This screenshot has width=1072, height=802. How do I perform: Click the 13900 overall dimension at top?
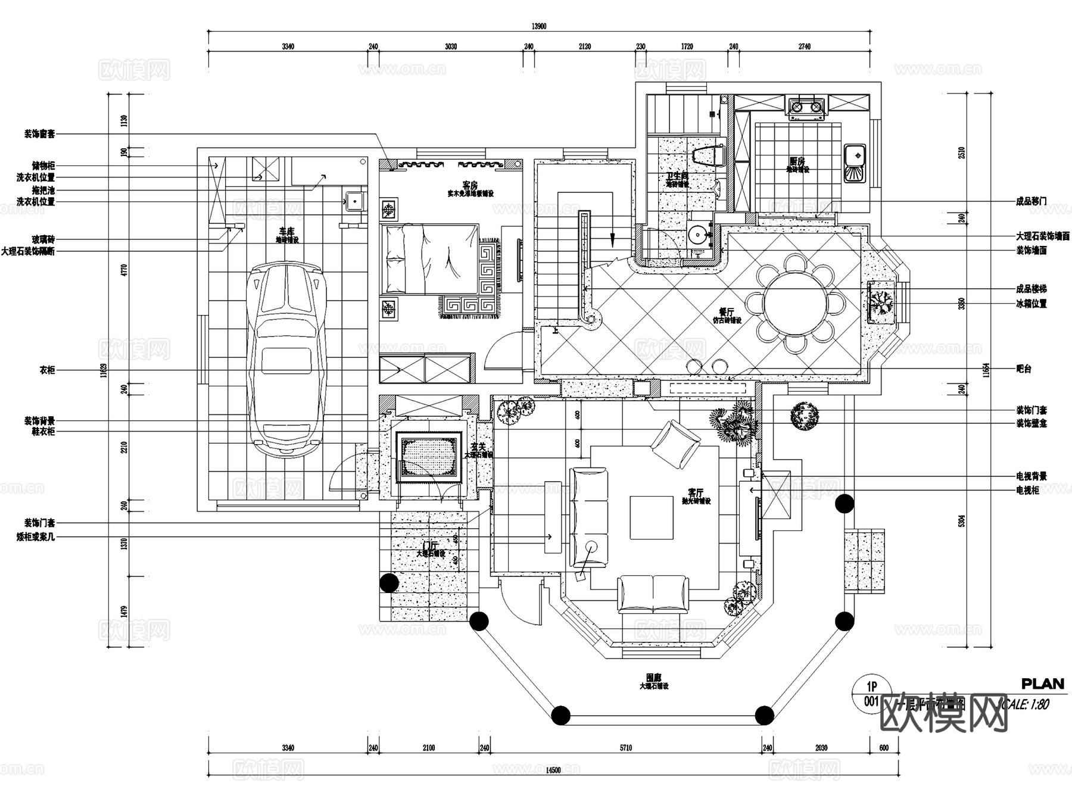[x=538, y=26]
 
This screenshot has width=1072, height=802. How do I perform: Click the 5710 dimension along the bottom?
[x=625, y=748]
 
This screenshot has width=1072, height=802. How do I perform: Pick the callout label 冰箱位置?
[x=1031, y=304]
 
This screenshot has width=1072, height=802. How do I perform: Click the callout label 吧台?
[x=1023, y=369]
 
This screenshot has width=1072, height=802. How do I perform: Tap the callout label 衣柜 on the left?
[x=47, y=370]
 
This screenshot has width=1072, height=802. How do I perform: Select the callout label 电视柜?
[x=1027, y=491]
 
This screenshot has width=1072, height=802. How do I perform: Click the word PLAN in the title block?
[x=1042, y=684]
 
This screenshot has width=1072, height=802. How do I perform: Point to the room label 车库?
[x=286, y=232]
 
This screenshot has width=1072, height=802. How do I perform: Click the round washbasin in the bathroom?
[x=696, y=234]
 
